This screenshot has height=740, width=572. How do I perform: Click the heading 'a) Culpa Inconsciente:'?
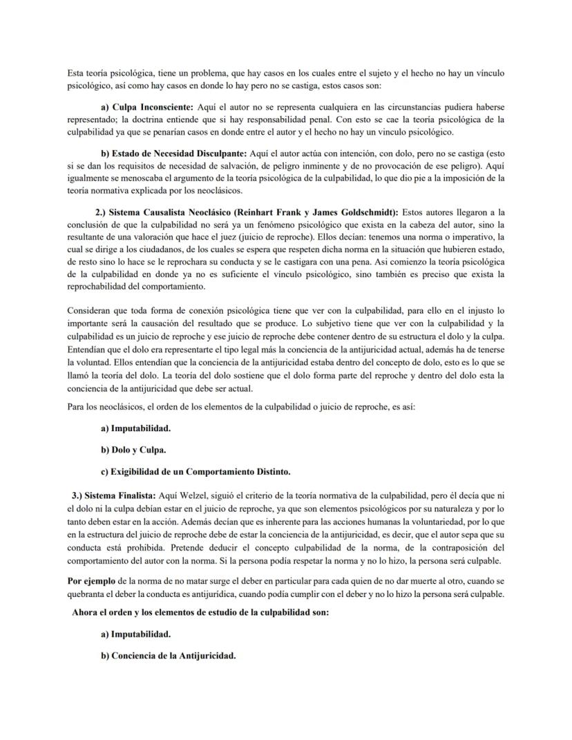[x=146, y=109]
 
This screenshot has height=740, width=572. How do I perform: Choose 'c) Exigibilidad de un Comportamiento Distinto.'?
[x=196, y=472]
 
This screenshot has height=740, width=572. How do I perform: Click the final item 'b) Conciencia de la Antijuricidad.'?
[x=169, y=656]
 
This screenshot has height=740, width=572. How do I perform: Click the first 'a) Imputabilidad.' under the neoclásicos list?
[x=135, y=428]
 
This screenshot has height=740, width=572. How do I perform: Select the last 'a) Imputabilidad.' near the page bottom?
[x=135, y=634]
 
